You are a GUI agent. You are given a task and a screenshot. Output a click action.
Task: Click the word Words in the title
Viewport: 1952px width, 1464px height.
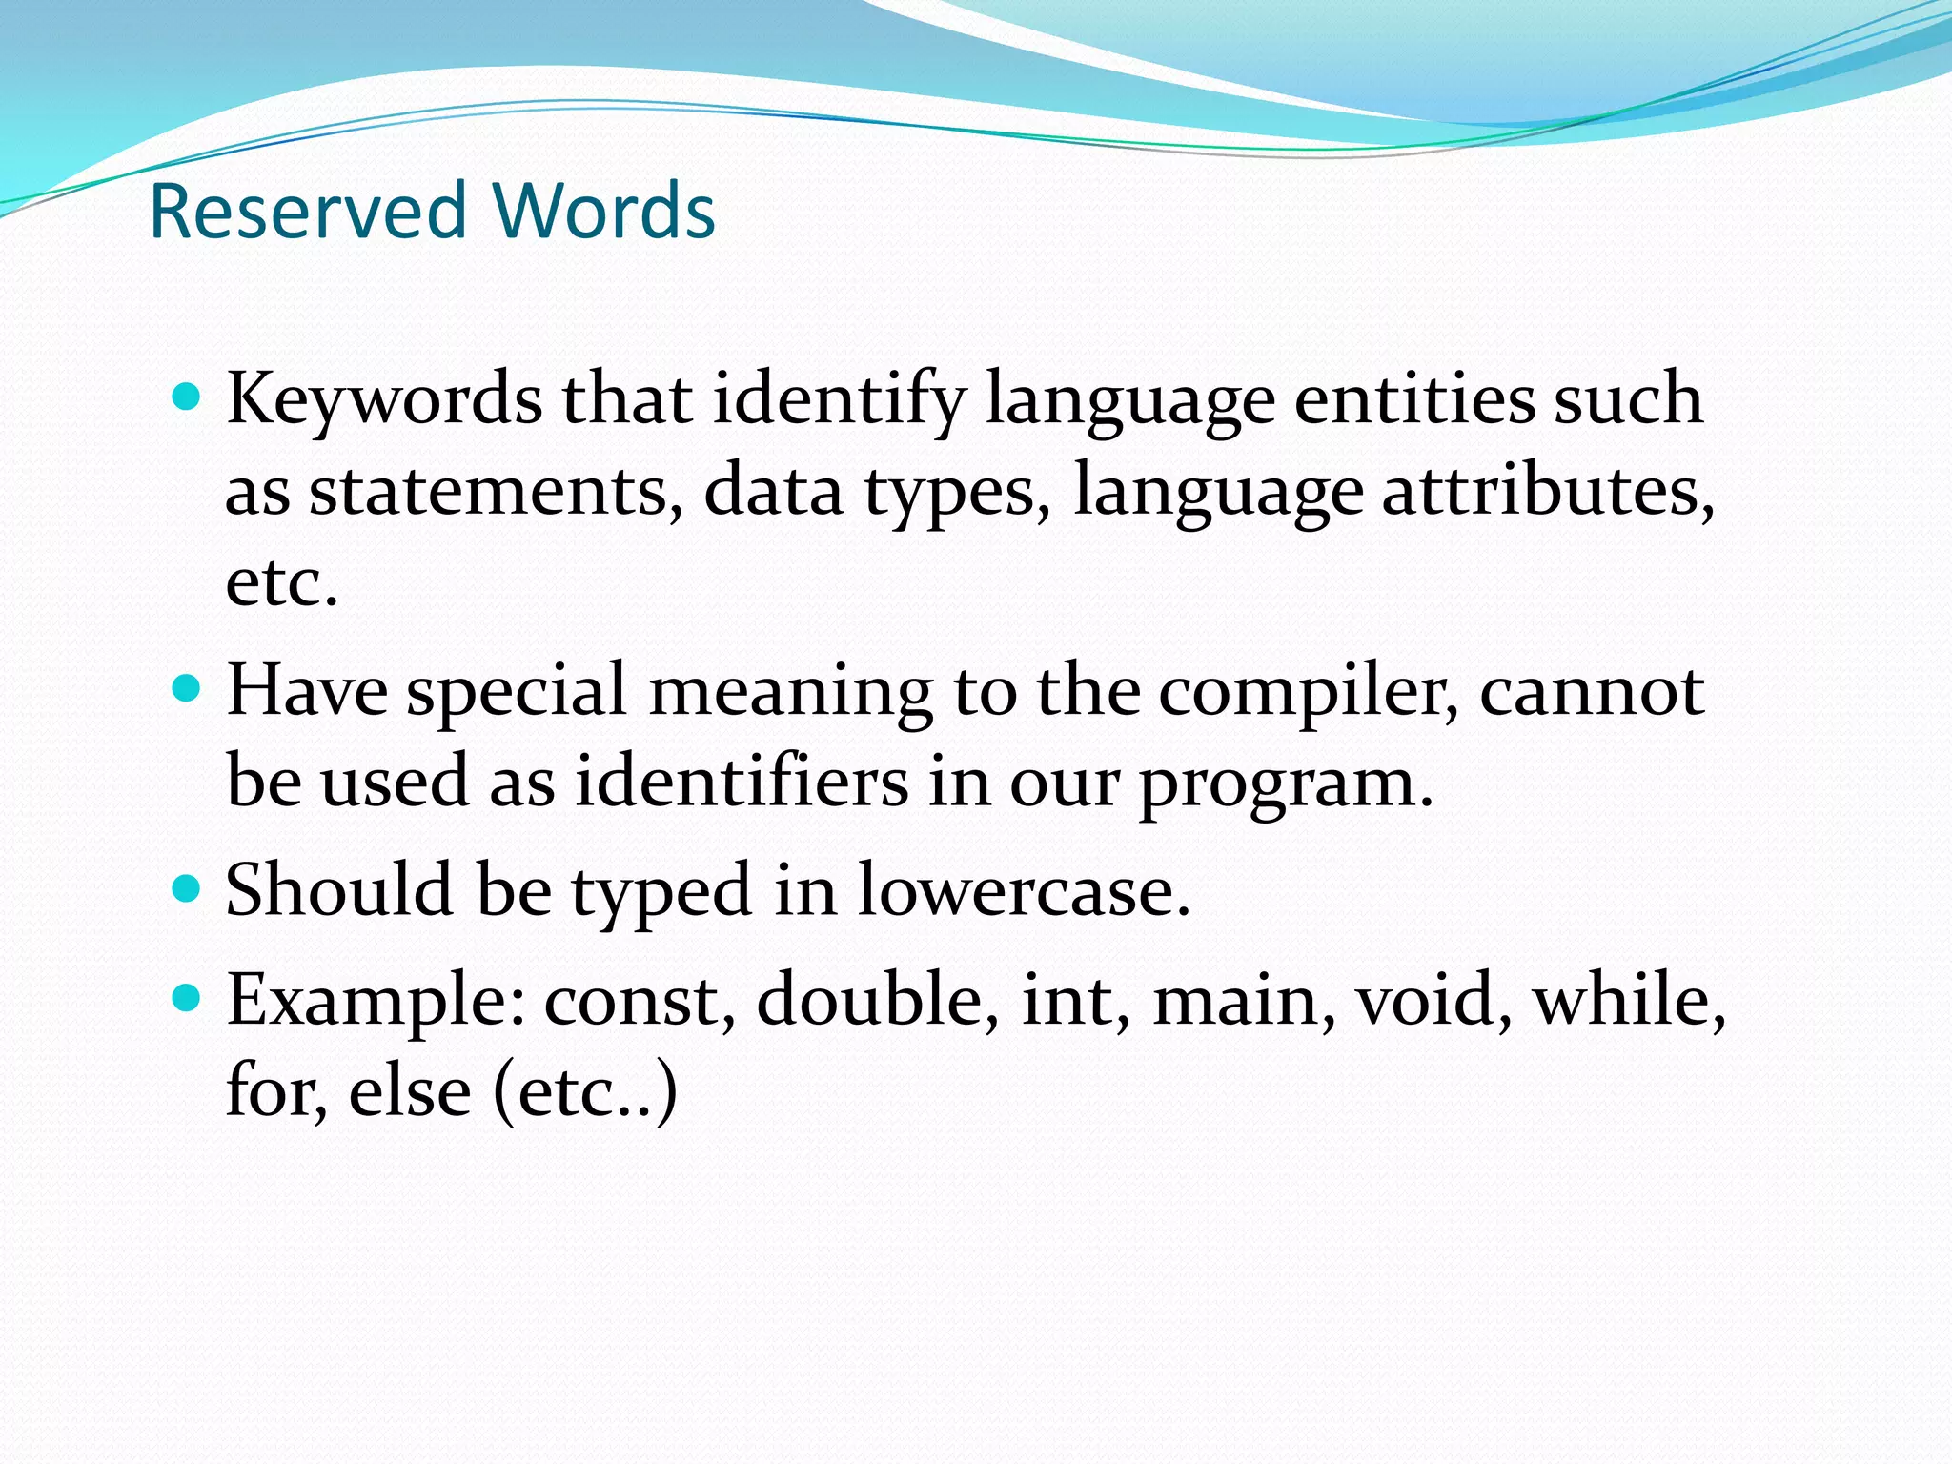coord(603,211)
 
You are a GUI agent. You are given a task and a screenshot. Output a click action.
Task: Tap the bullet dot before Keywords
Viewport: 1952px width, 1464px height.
coord(188,396)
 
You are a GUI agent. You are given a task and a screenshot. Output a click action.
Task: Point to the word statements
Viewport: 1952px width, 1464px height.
coord(496,492)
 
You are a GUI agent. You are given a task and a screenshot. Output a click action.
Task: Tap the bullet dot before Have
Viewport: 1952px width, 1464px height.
coord(188,688)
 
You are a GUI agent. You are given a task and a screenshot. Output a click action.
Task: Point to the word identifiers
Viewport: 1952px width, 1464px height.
coord(741,783)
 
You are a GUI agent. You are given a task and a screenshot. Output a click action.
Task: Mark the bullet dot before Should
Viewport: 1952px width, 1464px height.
coord(188,888)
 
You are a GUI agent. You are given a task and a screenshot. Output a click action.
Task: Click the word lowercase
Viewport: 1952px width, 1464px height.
coord(1024,891)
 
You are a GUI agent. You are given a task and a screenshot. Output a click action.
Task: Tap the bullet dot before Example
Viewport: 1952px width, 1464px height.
coord(188,998)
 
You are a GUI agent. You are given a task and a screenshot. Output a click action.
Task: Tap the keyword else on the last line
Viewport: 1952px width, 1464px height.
coord(409,1090)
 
